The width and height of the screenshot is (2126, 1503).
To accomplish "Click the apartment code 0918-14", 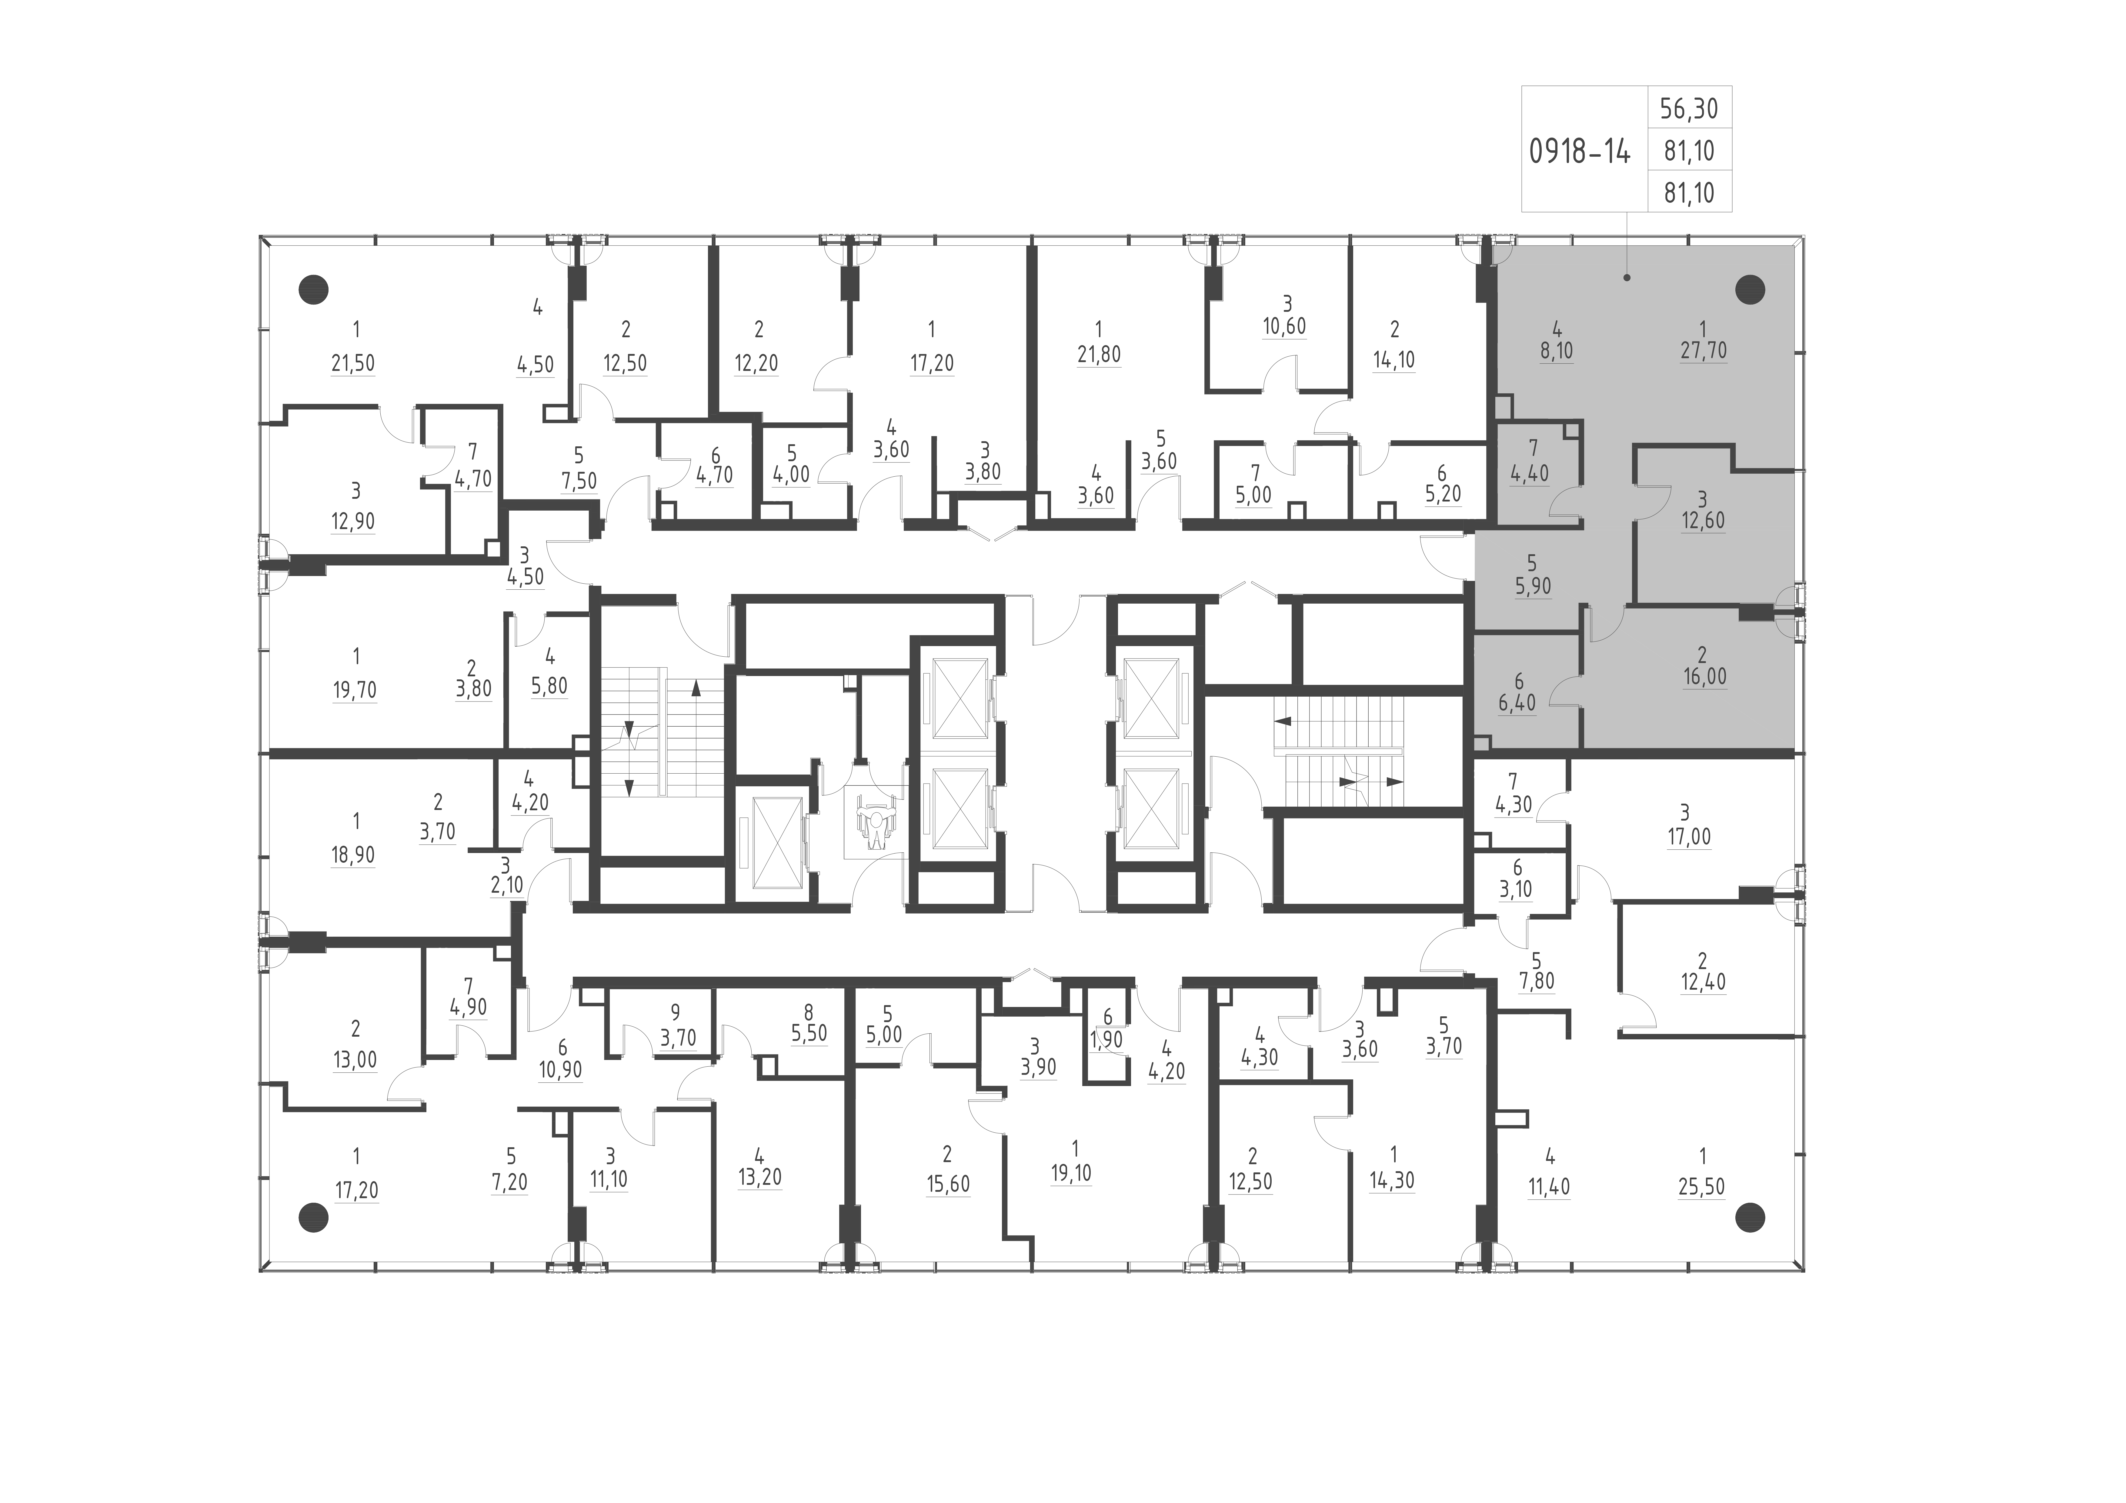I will tap(1580, 151).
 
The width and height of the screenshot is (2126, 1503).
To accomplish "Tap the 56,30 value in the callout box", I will tap(1689, 109).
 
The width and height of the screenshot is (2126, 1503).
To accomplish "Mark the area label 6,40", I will tap(1517, 703).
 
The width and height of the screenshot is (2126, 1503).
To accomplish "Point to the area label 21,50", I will tap(353, 363).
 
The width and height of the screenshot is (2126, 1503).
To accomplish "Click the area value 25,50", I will tap(1701, 1187).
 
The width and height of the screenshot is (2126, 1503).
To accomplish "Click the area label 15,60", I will tap(947, 1185).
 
